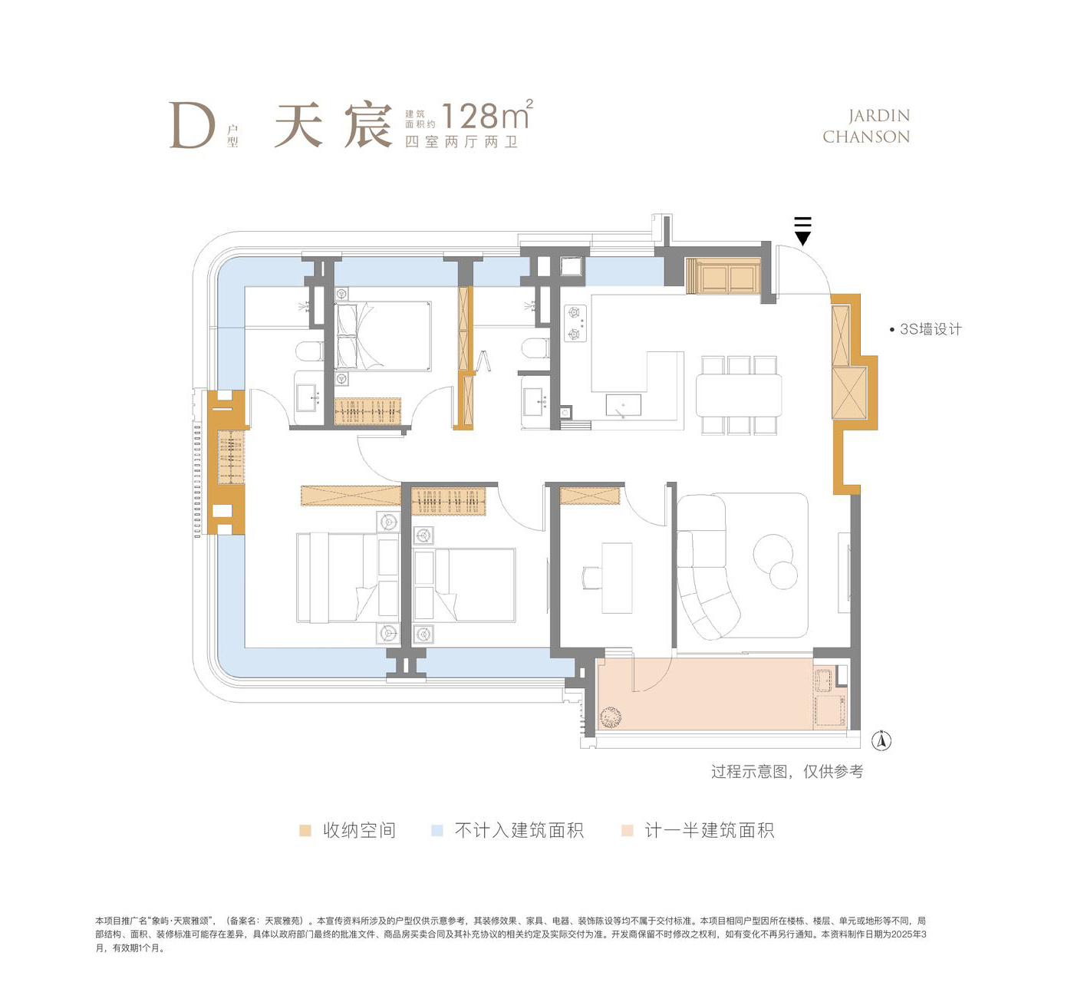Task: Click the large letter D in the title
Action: (x=193, y=125)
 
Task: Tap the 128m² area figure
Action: (x=487, y=114)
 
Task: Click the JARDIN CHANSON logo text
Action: (x=866, y=127)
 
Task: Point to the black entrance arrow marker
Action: (x=802, y=232)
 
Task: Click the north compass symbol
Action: (x=881, y=741)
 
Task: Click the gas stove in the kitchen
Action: (x=575, y=323)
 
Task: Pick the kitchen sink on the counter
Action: (x=623, y=405)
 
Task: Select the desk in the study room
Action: (x=617, y=578)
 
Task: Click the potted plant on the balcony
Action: (x=610, y=717)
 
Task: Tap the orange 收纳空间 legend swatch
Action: (x=305, y=830)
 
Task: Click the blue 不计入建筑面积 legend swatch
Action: (x=437, y=830)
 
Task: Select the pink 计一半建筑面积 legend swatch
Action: (x=627, y=830)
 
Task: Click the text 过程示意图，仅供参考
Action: (x=787, y=772)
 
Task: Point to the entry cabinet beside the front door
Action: (x=723, y=275)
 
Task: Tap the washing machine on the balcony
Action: (x=830, y=710)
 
